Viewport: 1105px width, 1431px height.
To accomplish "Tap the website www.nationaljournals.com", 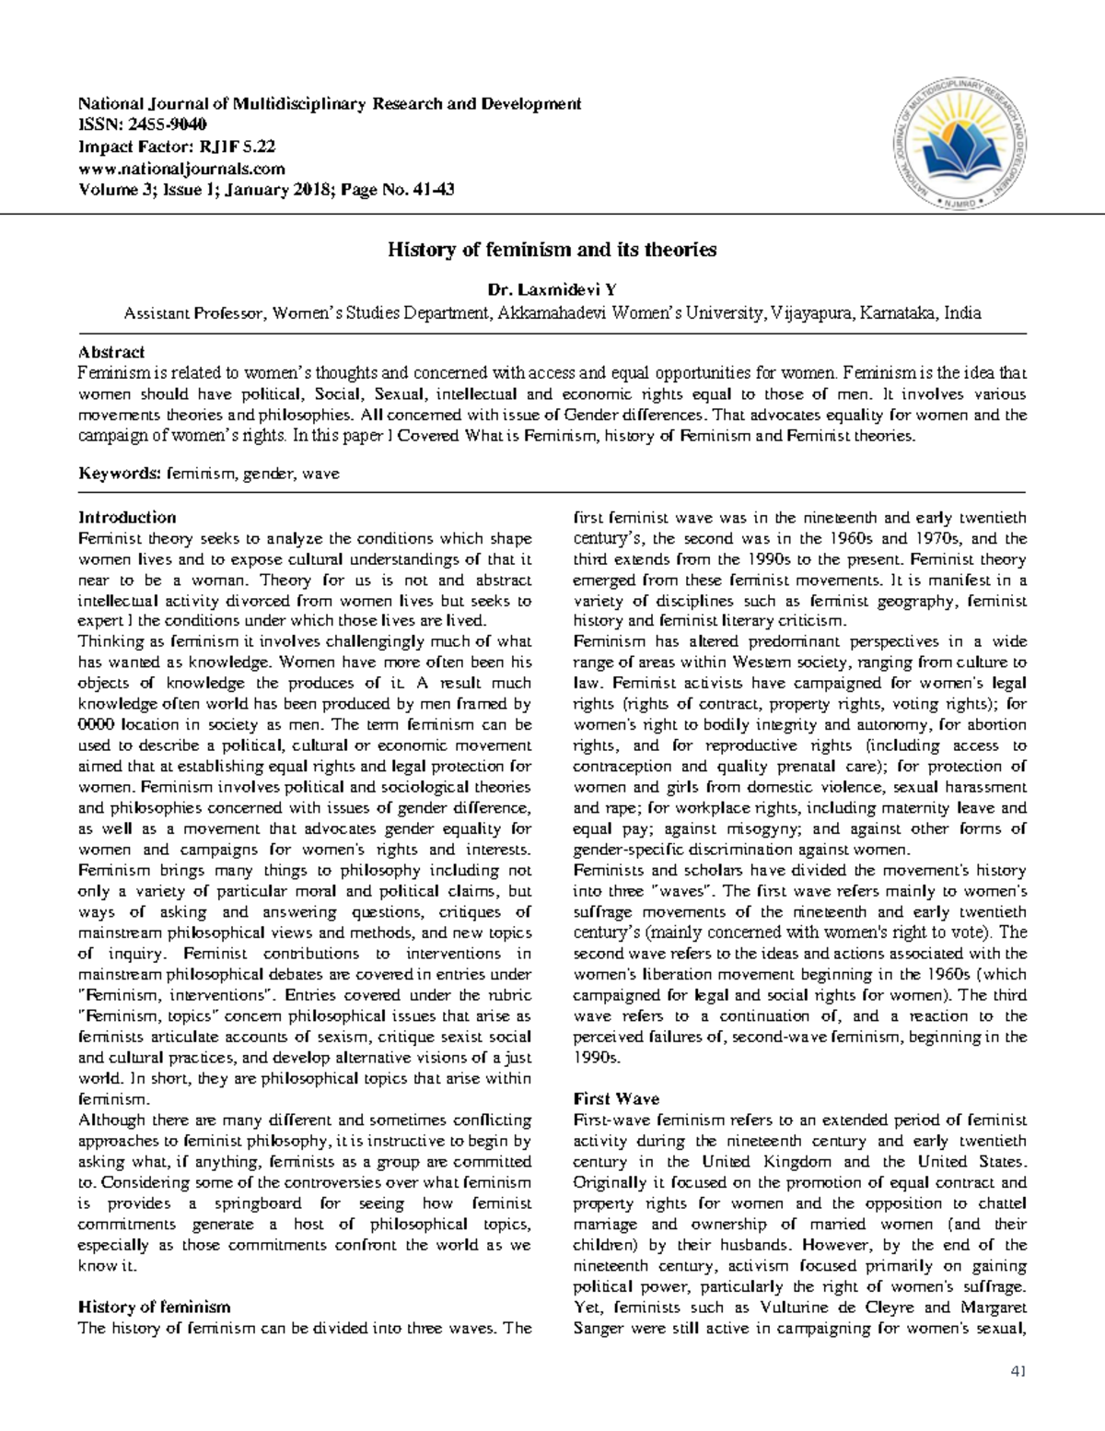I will pos(181,169).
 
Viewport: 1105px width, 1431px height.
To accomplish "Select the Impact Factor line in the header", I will pos(177,147).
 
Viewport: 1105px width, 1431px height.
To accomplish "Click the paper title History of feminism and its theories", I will pos(552,250).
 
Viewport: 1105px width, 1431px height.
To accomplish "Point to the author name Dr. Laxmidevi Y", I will pos(552,292).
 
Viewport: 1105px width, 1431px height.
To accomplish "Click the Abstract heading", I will pos(111,352).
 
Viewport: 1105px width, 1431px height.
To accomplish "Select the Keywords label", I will pos(120,474).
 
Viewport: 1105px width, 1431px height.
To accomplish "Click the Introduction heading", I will pos(127,517).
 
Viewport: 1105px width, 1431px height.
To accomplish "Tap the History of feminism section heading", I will pos(154,1307).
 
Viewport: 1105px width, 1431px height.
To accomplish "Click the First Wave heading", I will pos(616,1099).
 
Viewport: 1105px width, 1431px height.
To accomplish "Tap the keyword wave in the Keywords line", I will pos(320,474).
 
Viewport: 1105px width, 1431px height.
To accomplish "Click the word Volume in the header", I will pos(108,191).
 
